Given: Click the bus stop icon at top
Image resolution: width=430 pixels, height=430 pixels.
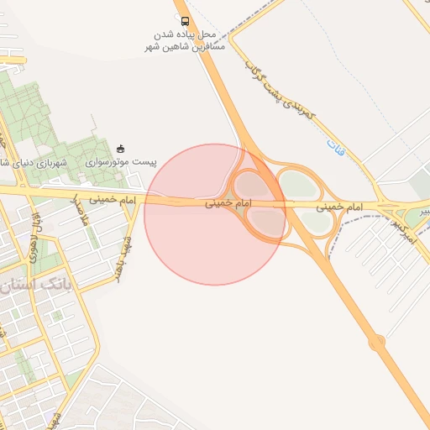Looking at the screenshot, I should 185,21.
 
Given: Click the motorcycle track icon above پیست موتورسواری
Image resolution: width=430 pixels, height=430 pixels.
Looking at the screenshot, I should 122,149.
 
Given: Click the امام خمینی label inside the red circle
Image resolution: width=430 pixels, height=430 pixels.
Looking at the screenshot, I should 228,204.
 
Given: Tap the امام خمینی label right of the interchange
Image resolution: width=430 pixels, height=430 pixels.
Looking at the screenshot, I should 341,206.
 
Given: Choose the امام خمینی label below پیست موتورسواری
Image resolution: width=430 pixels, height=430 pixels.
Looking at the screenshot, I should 115,202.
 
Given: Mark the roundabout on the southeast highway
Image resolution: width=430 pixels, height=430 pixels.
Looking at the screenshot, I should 376,342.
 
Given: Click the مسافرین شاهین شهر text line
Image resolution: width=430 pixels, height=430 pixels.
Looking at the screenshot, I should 186,49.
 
